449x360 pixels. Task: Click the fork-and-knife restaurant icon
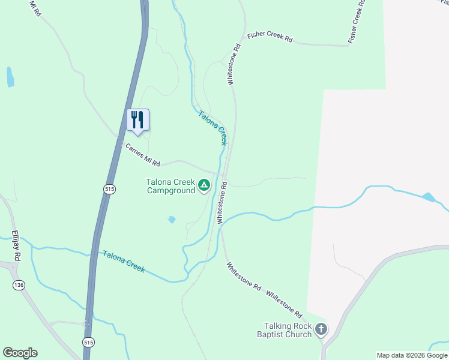[x=137, y=119]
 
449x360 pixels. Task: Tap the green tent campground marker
[x=205, y=185]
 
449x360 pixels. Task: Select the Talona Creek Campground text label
[x=171, y=186]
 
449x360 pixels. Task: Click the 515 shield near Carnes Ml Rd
[x=109, y=189]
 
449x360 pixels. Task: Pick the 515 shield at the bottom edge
[x=89, y=342]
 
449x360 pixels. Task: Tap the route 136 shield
[x=19, y=285]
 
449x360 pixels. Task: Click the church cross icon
[x=322, y=329]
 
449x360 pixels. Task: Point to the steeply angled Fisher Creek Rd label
[x=357, y=22]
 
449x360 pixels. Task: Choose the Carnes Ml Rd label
[x=142, y=155]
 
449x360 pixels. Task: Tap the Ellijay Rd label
[x=17, y=247]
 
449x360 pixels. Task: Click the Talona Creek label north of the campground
[x=213, y=127]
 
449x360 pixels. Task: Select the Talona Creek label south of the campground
[x=124, y=262]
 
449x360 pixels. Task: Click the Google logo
[x=20, y=353]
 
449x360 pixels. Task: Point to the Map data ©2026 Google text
[x=412, y=355]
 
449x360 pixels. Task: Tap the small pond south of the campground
[x=172, y=220]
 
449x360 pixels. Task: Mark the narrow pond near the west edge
[x=10, y=77]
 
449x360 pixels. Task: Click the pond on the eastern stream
[x=429, y=197]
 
